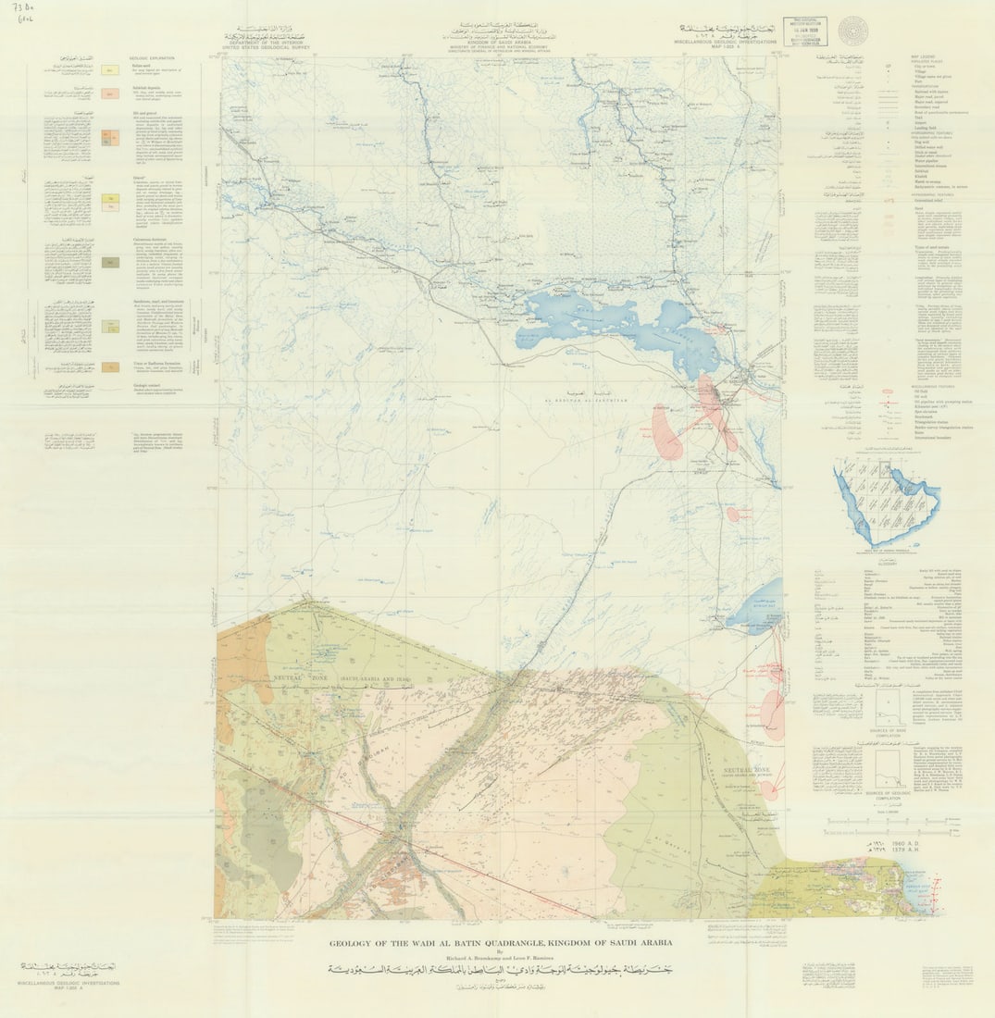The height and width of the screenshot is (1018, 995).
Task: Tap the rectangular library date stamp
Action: (x=806, y=31)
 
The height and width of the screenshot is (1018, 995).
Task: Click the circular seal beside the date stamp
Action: (x=852, y=30)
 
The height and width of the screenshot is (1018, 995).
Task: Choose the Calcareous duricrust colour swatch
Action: (x=109, y=262)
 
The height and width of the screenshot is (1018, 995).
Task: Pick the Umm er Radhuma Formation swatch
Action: (x=109, y=366)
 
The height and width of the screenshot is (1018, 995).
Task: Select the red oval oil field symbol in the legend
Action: (x=889, y=392)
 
